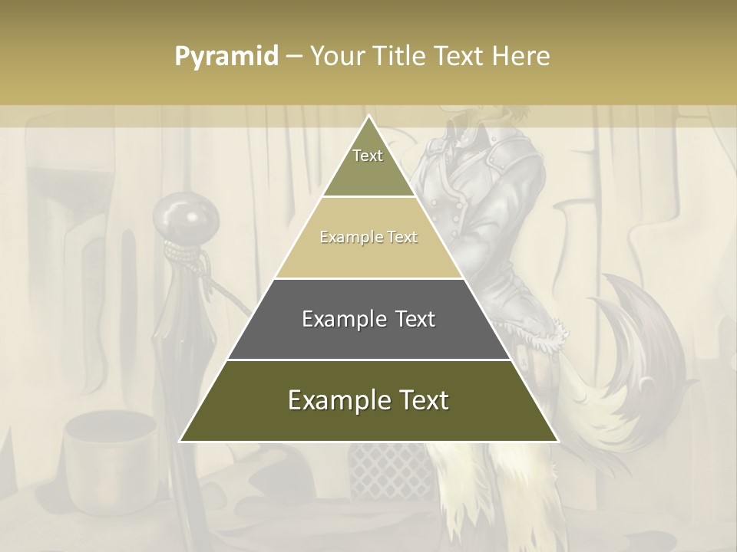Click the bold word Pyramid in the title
point(226,57)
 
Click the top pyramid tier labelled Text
point(368,165)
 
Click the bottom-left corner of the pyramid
point(182,440)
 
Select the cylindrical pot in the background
point(101,452)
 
